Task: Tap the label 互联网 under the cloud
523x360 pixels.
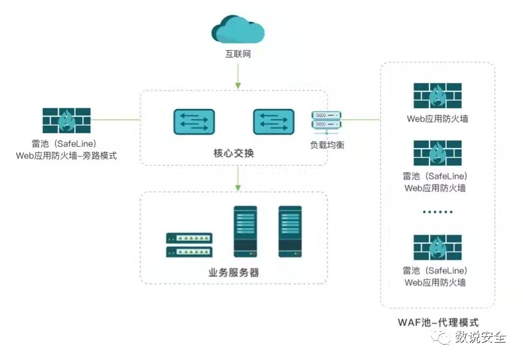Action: click(238, 54)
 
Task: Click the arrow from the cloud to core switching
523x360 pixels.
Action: click(238, 76)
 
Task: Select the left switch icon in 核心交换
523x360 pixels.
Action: click(194, 122)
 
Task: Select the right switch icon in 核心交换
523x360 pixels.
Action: click(274, 122)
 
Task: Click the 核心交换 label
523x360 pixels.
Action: click(233, 153)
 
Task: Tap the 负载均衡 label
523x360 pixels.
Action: click(327, 145)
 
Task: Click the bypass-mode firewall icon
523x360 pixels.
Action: click(67, 120)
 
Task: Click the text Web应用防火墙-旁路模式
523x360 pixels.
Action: click(67, 156)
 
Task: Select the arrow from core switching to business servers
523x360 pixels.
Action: click(238, 178)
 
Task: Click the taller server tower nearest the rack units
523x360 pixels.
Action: click(245, 232)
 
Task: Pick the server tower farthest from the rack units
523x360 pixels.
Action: click(290, 232)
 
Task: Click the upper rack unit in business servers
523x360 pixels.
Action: click(189, 238)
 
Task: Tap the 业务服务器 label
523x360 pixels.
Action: click(233, 273)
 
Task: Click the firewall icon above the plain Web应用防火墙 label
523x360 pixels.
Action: click(438, 95)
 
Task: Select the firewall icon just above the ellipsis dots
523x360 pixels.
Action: click(438, 153)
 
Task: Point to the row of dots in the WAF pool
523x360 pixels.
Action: click(438, 212)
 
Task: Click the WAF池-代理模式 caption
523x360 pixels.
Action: click(438, 323)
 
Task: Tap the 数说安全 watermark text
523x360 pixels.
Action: click(480, 337)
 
